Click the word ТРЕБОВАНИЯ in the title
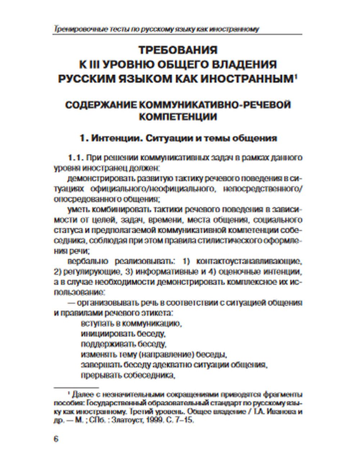tap(178, 49)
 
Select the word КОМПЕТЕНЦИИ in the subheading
tap(178, 117)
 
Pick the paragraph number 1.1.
tap(76, 158)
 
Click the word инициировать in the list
tap(103, 333)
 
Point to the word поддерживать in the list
tap(103, 344)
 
